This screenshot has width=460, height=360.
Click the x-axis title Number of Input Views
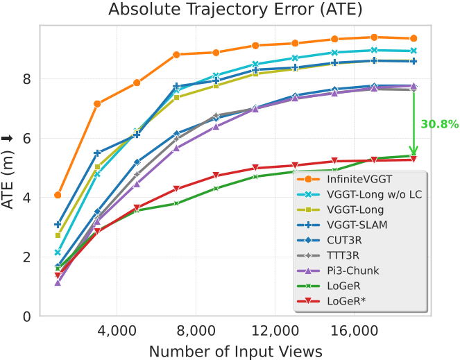[x=235, y=351]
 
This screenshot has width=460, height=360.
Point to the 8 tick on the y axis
[x=26, y=79]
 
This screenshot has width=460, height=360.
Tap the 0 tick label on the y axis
[x=26, y=317]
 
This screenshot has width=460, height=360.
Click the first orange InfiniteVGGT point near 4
[x=58, y=195]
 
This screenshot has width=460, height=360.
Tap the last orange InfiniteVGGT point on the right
[x=414, y=38]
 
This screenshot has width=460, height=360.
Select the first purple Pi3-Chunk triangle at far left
[x=58, y=282]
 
